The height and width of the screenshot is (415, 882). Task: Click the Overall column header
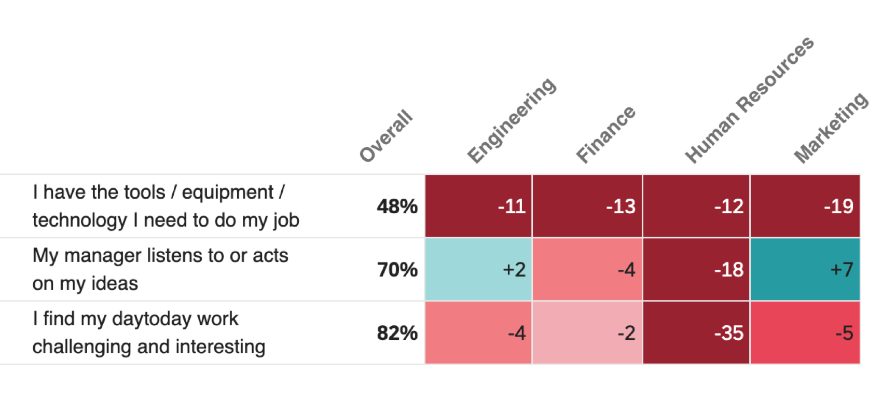click(387, 136)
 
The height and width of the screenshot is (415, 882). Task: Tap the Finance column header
click(605, 134)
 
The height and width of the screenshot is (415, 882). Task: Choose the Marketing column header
click(831, 128)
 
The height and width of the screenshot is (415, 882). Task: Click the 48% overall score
click(397, 206)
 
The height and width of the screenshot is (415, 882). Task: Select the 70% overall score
click(397, 270)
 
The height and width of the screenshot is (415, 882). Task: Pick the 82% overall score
click(397, 333)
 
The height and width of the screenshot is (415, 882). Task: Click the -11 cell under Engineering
click(478, 206)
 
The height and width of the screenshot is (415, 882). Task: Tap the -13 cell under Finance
click(587, 206)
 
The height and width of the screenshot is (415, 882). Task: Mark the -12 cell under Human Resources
click(696, 206)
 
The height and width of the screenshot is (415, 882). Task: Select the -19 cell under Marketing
click(805, 206)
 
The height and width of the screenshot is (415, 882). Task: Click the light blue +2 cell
click(478, 270)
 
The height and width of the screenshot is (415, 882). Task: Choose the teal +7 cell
click(805, 270)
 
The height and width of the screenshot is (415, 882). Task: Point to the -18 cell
click(696, 270)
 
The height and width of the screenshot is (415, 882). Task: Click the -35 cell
click(696, 333)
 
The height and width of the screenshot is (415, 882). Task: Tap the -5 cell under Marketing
click(805, 333)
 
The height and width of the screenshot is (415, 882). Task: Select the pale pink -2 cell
click(587, 333)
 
